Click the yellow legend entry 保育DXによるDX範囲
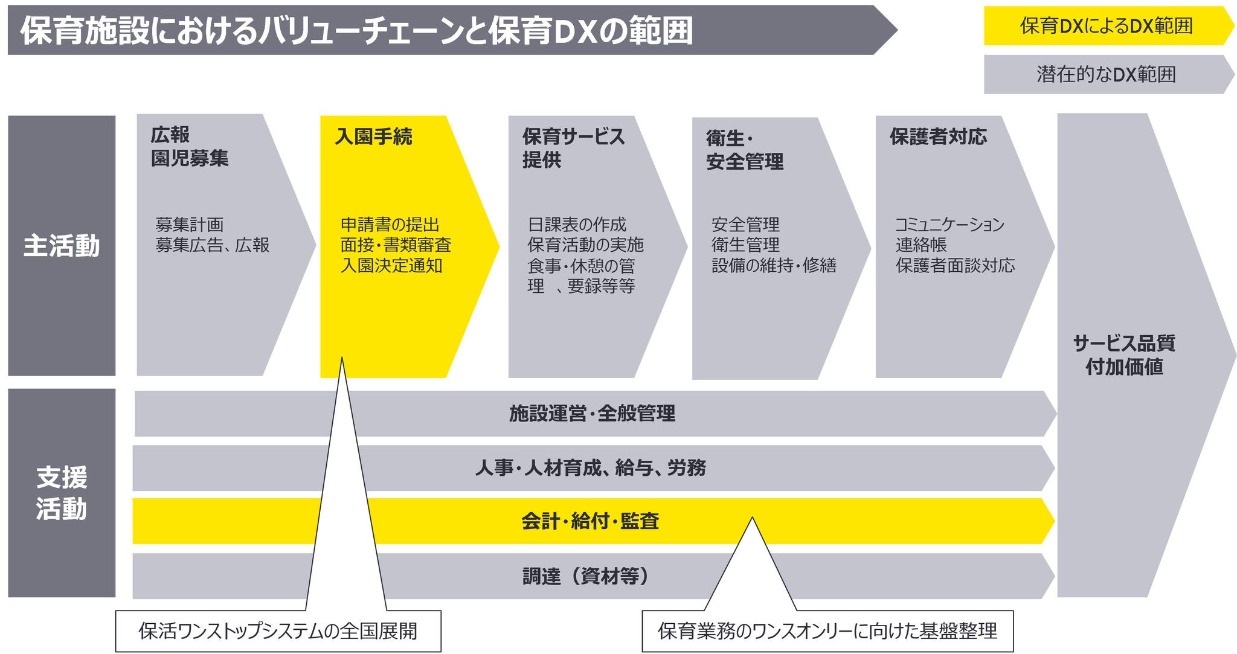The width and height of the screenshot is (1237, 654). [x=1105, y=26]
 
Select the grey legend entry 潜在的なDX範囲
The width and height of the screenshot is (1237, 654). [x=1105, y=74]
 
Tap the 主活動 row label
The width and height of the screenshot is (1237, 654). [x=62, y=246]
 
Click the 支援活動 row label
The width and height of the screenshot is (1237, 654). [x=62, y=493]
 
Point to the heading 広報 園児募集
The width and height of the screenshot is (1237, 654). [x=189, y=147]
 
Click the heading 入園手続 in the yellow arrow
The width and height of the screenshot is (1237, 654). [x=373, y=137]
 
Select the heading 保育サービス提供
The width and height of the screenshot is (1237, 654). [x=573, y=148]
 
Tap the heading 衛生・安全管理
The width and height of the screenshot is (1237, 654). [x=744, y=150]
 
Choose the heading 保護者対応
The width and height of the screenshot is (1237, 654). [x=937, y=137]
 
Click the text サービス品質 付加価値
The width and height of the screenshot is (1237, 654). [x=1124, y=355]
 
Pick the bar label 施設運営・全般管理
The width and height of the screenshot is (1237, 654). [x=592, y=414]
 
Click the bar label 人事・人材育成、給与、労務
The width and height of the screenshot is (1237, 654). [x=590, y=468]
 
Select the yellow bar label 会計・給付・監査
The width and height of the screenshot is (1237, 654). [x=590, y=521]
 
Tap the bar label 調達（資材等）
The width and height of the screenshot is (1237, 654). [x=586, y=576]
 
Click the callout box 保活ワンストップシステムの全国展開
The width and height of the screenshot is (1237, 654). [x=278, y=631]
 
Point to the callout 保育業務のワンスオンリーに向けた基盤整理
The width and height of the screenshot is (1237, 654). [x=827, y=631]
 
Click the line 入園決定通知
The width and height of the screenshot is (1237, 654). [x=391, y=266]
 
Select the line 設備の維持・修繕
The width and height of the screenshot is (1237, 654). [x=774, y=266]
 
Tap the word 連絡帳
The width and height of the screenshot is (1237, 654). [x=921, y=245]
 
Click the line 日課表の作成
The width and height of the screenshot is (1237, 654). [x=577, y=225]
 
